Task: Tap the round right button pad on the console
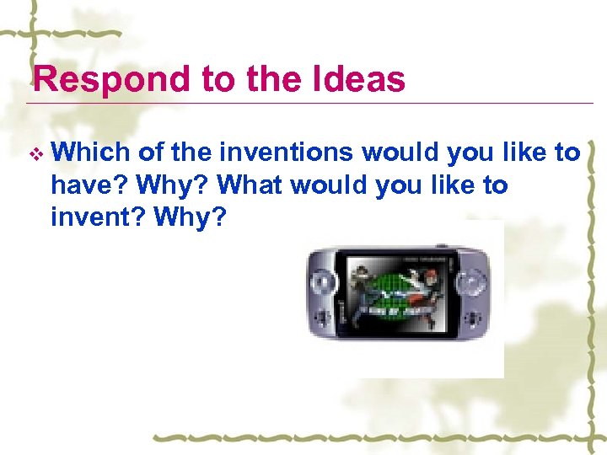click(472, 279)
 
